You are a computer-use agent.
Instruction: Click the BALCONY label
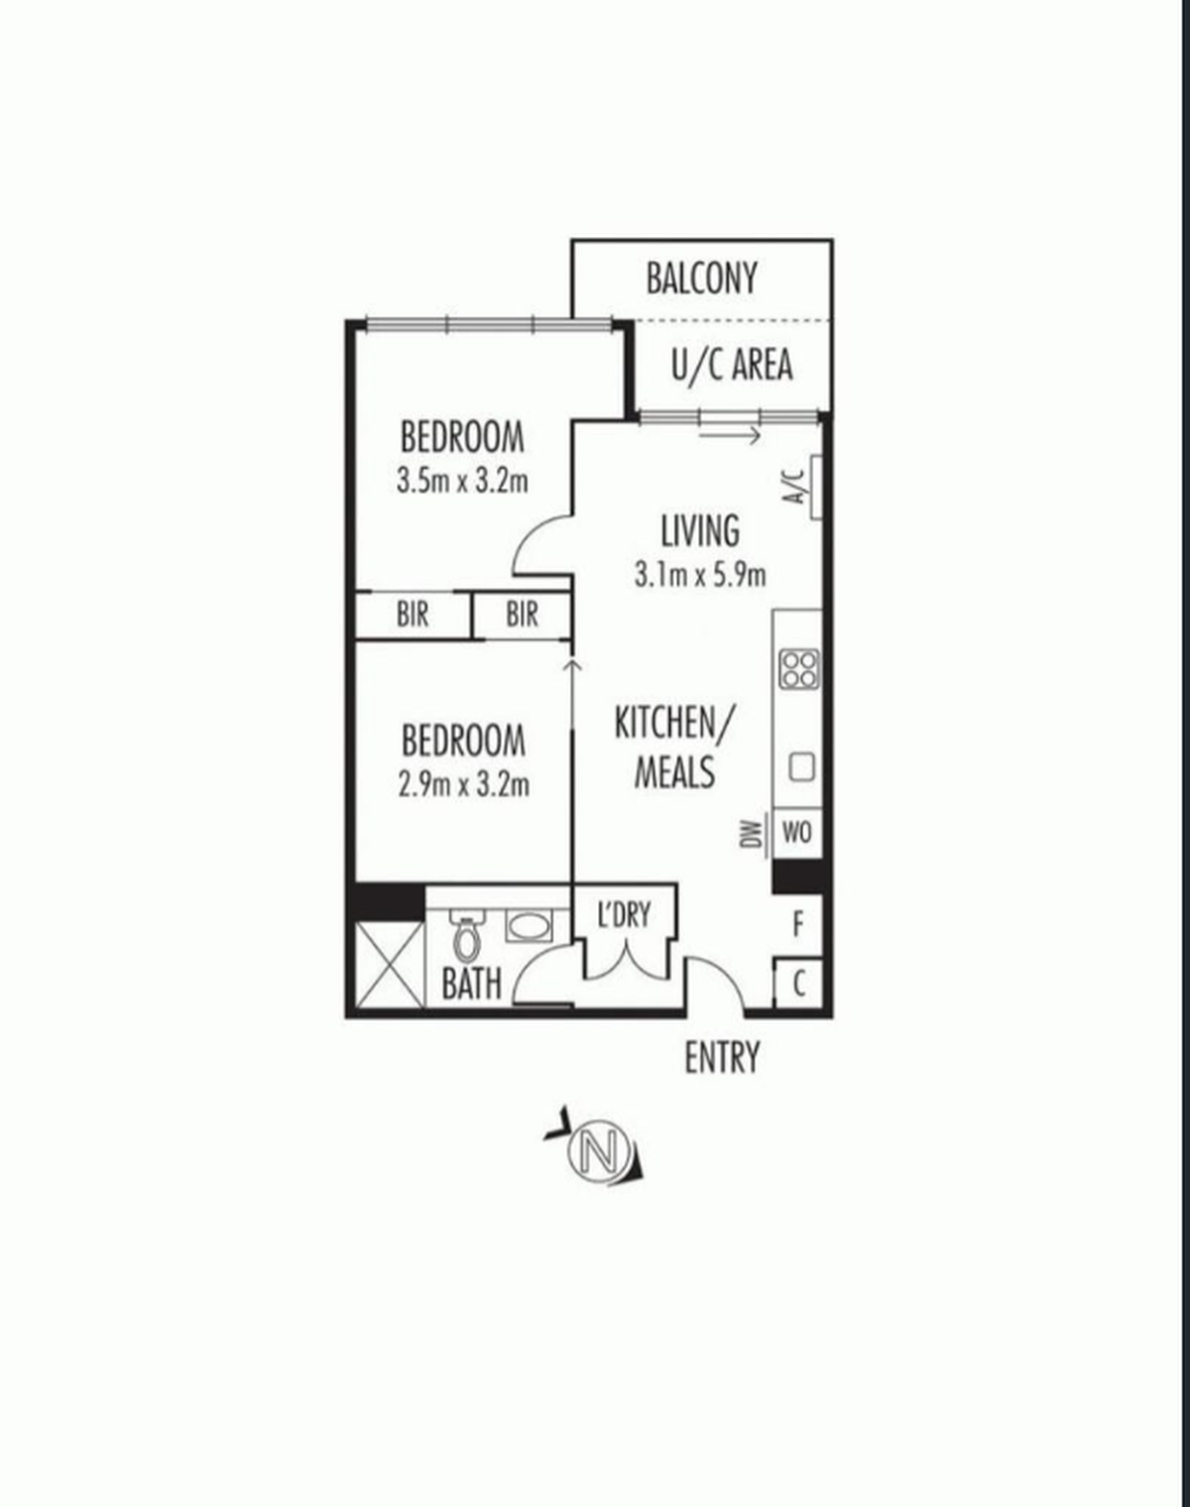(701, 278)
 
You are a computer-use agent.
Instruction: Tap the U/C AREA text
(732, 364)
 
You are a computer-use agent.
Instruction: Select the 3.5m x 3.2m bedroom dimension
(462, 482)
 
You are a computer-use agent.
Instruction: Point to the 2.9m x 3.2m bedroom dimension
(464, 785)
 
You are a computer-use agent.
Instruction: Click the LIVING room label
(700, 530)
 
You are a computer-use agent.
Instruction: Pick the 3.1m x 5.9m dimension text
(700, 575)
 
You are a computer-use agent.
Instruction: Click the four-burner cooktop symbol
(800, 669)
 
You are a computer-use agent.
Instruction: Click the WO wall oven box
(797, 833)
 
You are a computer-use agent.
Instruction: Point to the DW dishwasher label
(752, 834)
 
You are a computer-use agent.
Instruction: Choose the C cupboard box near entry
(798, 984)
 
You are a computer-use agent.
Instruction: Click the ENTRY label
(721, 1058)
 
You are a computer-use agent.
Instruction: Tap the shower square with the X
(390, 965)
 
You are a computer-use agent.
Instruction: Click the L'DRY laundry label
(624, 914)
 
